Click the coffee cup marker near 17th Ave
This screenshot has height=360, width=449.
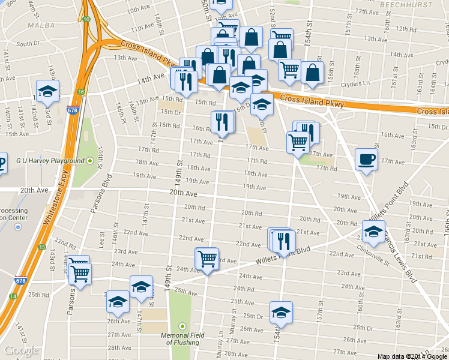click(366, 160)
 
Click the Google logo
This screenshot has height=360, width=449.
click(22, 350)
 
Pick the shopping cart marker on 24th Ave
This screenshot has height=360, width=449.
click(207, 259)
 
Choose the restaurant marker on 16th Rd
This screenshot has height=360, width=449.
click(223, 122)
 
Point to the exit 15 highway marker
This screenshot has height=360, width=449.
click(41, 247)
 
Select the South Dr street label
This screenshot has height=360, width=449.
click(28, 44)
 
